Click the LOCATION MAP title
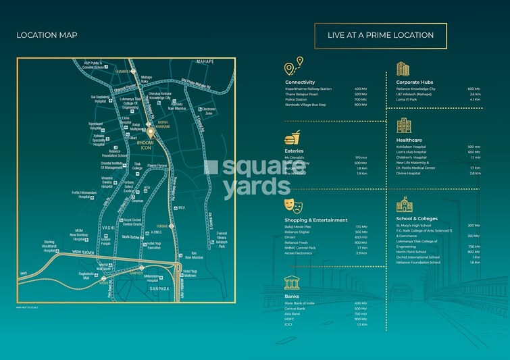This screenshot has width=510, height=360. coord(47,35)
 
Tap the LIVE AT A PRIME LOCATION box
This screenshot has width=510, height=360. coord(380,35)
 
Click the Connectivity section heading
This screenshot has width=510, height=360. coord(301,82)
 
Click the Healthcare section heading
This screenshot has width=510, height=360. coord(409,140)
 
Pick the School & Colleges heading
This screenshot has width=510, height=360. coord(417,218)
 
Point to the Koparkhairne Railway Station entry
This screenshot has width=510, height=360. coord(309,88)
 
